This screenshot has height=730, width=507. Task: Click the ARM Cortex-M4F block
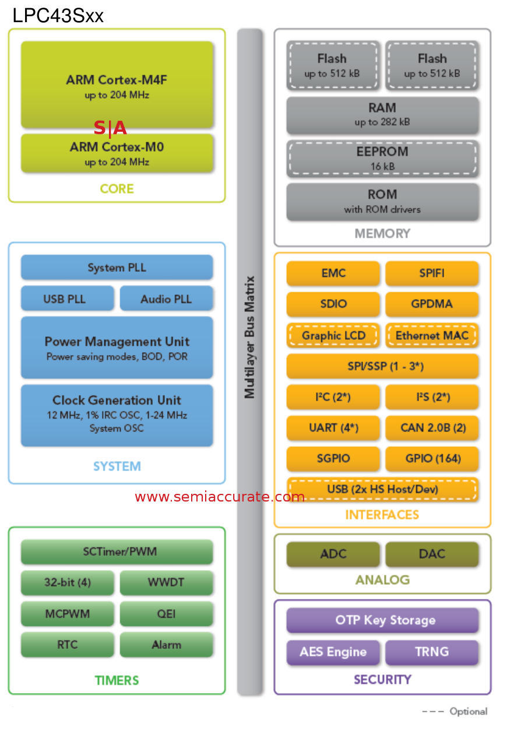pyautogui.click(x=117, y=85)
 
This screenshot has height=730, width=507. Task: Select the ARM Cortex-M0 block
pyautogui.click(x=117, y=153)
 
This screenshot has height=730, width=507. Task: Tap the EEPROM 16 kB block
pyautogui.click(x=382, y=159)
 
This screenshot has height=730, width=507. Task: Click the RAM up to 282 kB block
pyautogui.click(x=382, y=114)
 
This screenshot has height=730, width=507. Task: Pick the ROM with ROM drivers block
pyautogui.click(x=382, y=201)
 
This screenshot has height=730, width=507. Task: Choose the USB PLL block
pyautogui.click(x=67, y=299)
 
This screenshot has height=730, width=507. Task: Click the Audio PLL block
pyautogui.click(x=166, y=299)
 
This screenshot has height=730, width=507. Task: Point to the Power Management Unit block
pyautogui.click(x=117, y=348)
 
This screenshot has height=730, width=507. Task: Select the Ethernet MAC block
pyautogui.click(x=432, y=335)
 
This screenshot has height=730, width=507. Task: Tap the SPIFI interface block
pyautogui.click(x=432, y=273)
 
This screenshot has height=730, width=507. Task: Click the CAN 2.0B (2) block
pyautogui.click(x=432, y=427)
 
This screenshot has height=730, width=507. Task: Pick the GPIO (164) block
pyautogui.click(x=432, y=458)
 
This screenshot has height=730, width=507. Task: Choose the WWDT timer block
pyautogui.click(x=166, y=582)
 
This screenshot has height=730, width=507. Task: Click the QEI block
pyautogui.click(x=166, y=613)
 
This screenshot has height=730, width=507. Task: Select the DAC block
pyautogui.click(x=432, y=554)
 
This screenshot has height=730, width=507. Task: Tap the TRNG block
pyautogui.click(x=432, y=652)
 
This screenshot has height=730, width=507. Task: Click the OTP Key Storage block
pyautogui.click(x=382, y=620)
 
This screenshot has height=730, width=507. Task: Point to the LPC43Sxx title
pyautogui.click(x=58, y=16)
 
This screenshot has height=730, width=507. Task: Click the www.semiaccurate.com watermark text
pyautogui.click(x=220, y=497)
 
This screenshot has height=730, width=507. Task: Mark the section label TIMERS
pyautogui.click(x=117, y=680)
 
